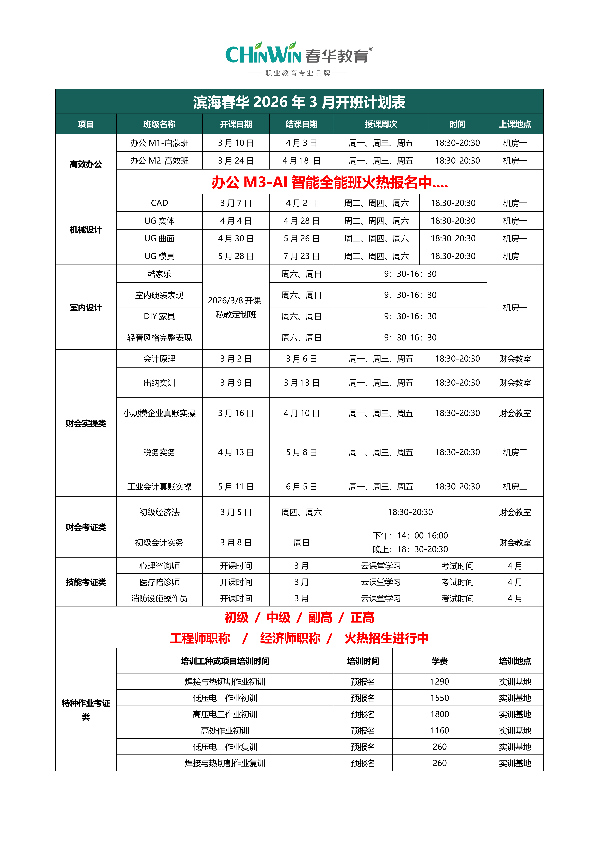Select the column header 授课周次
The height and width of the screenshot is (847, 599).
(x=381, y=124)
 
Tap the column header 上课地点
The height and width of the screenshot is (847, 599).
(x=515, y=124)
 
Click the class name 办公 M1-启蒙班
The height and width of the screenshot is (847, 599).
(x=159, y=143)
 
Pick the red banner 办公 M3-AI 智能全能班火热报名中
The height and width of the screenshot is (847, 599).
(x=329, y=182)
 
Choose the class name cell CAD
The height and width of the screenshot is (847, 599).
(x=159, y=203)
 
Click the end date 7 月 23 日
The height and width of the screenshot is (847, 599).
(x=301, y=256)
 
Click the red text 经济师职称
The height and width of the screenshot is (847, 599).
(x=290, y=638)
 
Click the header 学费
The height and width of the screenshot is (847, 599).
(x=439, y=661)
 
